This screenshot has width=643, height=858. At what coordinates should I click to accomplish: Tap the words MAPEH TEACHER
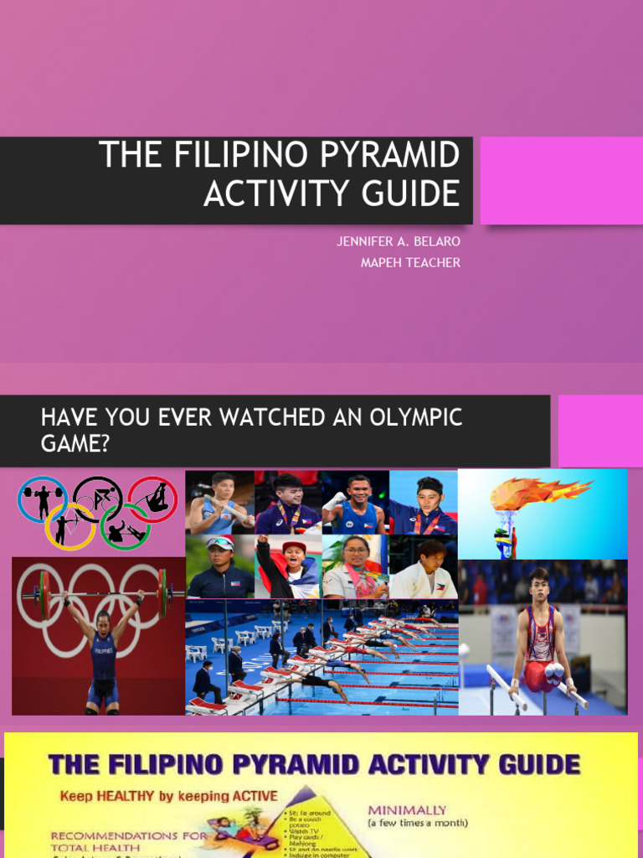pos(410,263)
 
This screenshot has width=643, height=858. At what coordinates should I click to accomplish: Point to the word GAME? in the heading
pos(75,443)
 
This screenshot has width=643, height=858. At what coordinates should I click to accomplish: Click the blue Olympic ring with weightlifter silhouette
pos(42,499)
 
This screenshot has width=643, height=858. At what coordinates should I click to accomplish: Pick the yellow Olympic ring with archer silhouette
pos(69,526)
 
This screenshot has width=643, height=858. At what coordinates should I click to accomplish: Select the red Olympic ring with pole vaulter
pos(152,499)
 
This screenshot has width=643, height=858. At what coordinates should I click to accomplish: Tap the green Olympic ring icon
pos(125,526)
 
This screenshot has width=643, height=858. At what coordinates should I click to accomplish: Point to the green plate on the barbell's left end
pos(44,595)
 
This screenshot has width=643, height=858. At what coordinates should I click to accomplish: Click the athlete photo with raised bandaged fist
pos(355,502)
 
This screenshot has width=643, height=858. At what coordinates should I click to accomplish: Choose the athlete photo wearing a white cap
pos(219,566)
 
